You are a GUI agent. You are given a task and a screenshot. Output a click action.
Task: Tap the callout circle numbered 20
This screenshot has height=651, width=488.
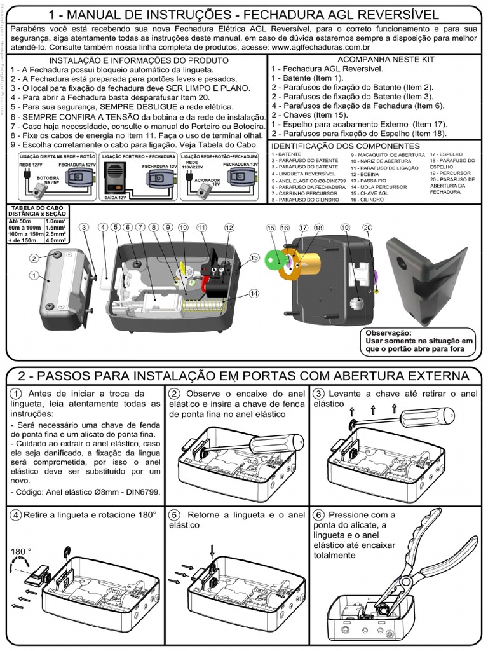[x=367, y=227]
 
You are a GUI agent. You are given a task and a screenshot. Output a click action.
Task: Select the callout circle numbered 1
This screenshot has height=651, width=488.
[x=34, y=275]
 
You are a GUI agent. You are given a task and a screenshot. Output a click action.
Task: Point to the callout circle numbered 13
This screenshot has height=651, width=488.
[x=254, y=257]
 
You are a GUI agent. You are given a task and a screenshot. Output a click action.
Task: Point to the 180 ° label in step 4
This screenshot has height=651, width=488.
[x=21, y=551]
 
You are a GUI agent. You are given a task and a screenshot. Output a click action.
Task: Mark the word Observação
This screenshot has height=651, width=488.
[x=388, y=332]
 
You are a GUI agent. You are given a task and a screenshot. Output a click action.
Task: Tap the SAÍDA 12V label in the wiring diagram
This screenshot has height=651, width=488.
[x=116, y=198]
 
